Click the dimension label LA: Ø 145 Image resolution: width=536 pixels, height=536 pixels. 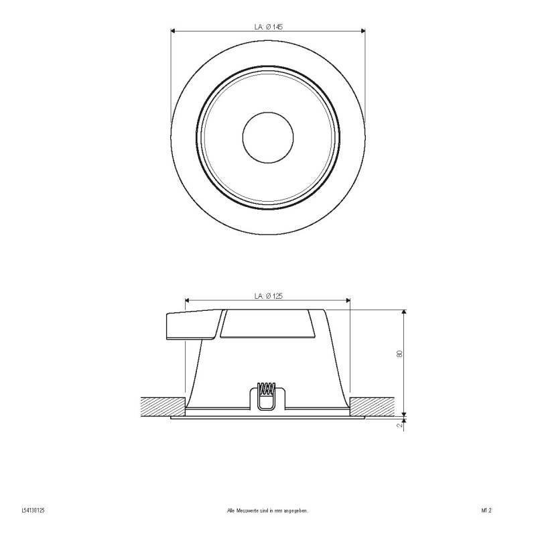pyautogui.click(x=268, y=26)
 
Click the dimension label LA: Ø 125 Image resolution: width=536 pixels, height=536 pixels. pyautogui.click(x=268, y=295)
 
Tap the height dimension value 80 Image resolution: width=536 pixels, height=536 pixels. pyautogui.click(x=399, y=354)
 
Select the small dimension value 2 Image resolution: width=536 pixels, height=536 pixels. pyautogui.click(x=399, y=425)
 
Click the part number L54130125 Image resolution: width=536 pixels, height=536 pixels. pyautogui.click(x=33, y=511)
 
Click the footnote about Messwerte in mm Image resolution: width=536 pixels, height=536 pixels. pyautogui.click(x=268, y=511)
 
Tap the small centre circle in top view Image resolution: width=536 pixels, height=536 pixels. pyautogui.click(x=267, y=135)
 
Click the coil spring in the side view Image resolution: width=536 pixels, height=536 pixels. pyautogui.click(x=267, y=388)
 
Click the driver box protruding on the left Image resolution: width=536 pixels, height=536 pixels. pyautogui.click(x=191, y=326)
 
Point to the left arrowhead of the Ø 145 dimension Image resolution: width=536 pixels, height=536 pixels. pyautogui.click(x=174, y=30)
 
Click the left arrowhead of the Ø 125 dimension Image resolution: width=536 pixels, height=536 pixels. pyautogui.click(x=188, y=300)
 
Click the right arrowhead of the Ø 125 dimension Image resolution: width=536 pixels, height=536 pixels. pyautogui.click(x=347, y=300)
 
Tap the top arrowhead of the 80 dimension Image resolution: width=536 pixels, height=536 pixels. pyautogui.click(x=403, y=313)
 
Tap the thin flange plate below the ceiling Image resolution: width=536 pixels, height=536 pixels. pyautogui.click(x=268, y=418)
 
